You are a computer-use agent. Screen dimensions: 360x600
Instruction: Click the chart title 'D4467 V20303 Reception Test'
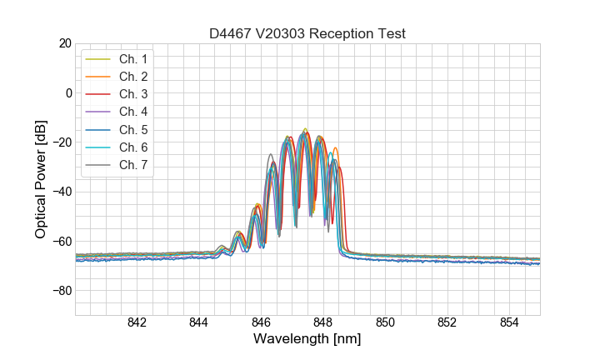307,33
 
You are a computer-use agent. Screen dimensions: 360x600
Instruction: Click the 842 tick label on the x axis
137,323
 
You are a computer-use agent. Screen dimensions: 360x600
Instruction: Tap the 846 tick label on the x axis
261,323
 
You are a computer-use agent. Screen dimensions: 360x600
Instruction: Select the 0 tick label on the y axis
68,92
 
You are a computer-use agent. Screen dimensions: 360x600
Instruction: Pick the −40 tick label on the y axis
62,192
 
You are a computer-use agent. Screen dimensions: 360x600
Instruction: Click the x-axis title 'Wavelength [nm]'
307,339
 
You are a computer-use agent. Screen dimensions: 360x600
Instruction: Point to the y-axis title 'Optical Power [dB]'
41,179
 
